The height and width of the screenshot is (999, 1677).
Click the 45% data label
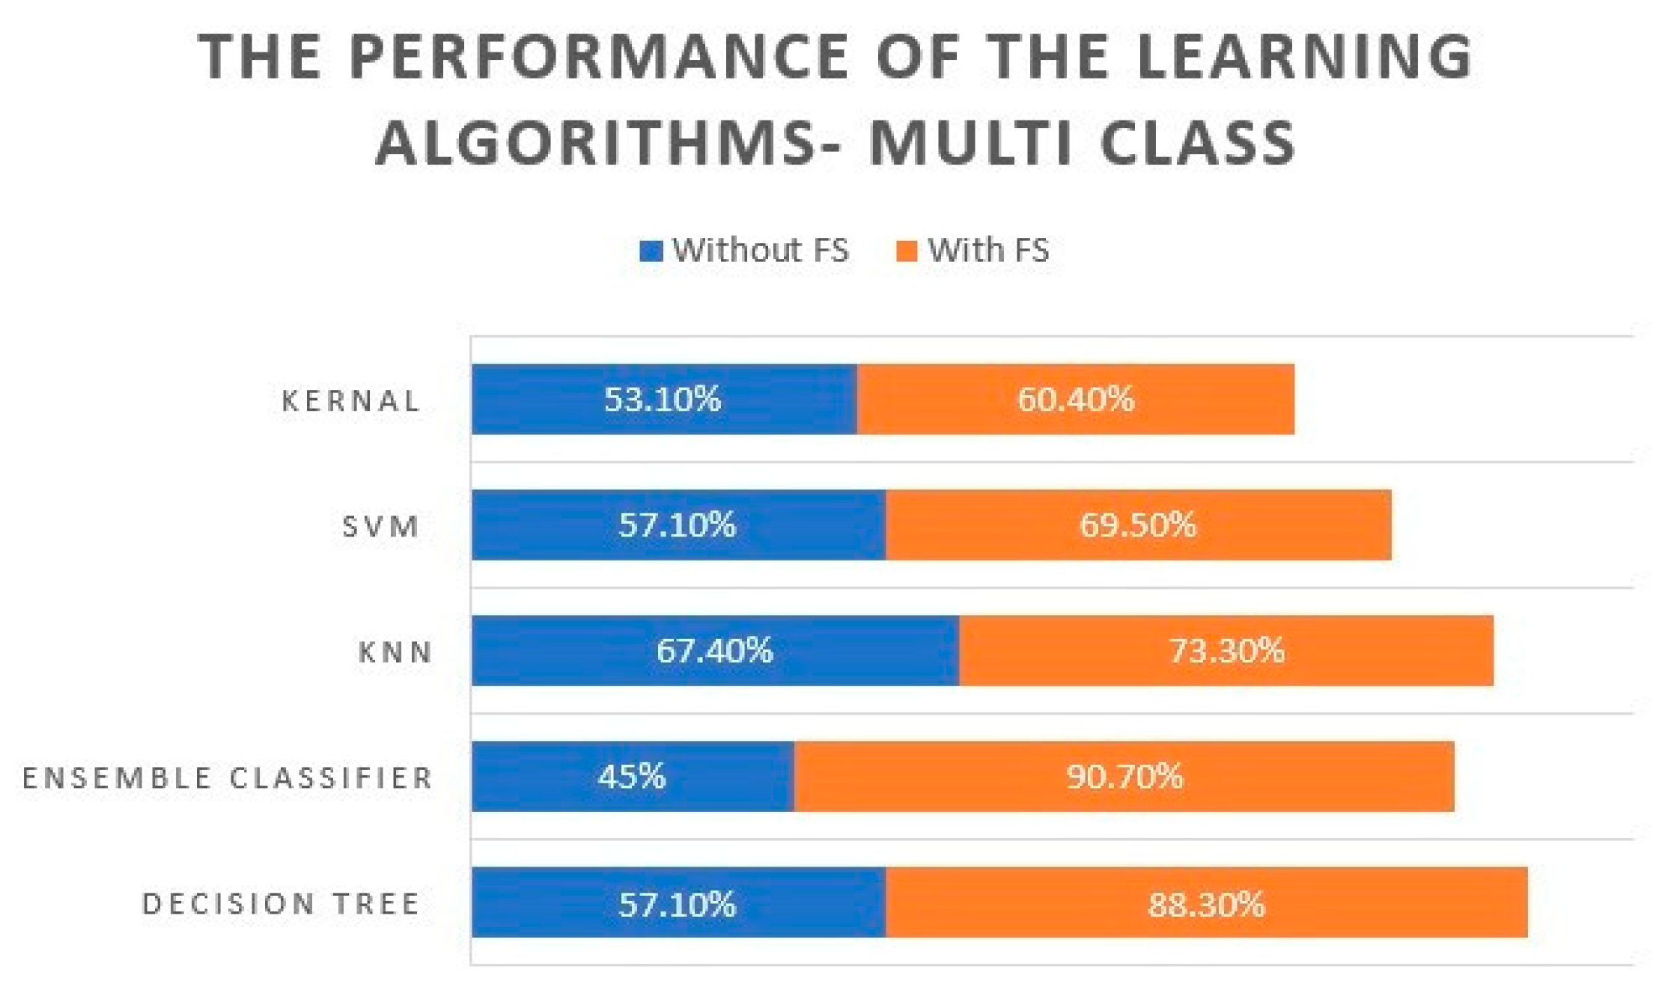tap(631, 776)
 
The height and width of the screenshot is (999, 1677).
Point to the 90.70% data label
tap(1124, 776)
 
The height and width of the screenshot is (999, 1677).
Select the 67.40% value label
tap(714, 650)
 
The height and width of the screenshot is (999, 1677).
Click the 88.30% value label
tap(1206, 904)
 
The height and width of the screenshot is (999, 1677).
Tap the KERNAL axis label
tap(350, 400)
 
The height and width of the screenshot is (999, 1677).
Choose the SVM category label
tap(380, 526)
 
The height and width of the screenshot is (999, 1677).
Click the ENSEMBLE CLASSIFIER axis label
tap(228, 777)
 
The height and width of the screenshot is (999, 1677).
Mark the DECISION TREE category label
tap(281, 903)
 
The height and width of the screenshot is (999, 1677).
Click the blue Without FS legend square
tap(651, 251)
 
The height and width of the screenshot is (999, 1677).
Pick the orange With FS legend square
tap(907, 251)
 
